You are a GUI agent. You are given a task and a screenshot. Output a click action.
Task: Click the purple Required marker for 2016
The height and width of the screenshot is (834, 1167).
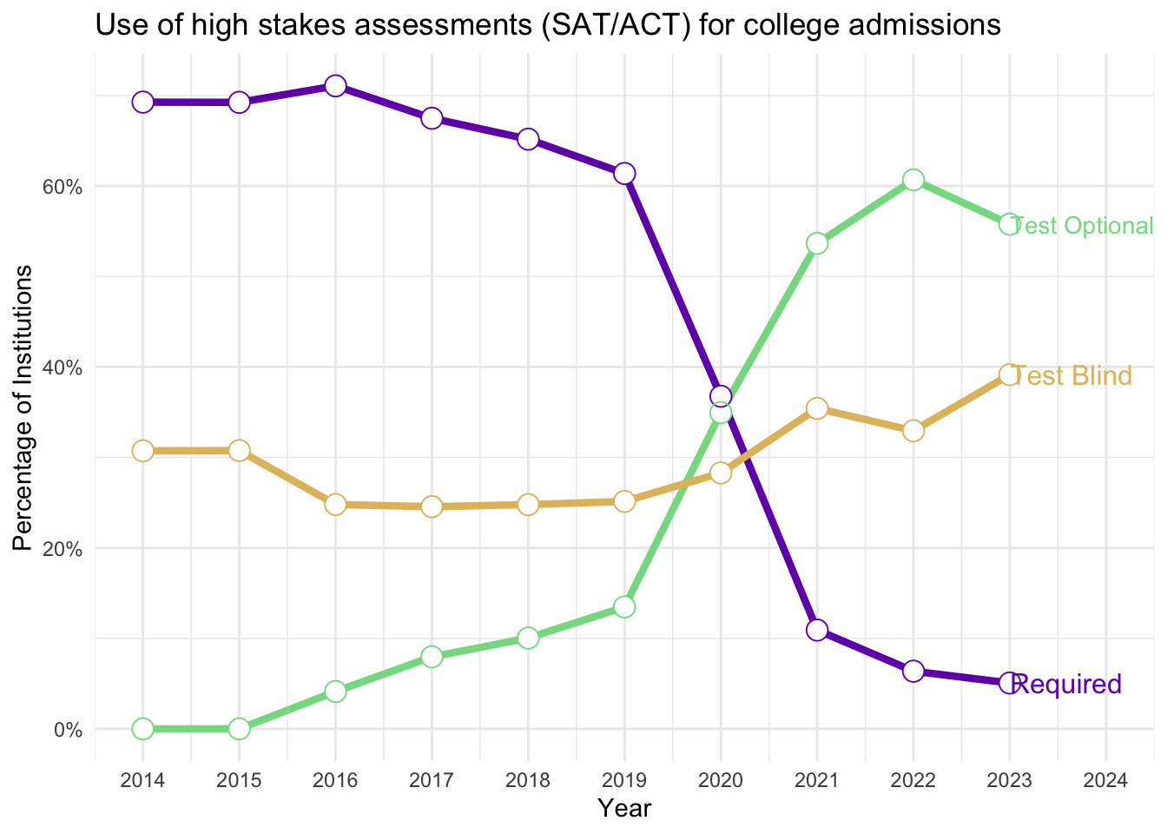(335, 86)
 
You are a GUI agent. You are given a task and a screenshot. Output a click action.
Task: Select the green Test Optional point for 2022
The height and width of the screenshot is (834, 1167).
(913, 180)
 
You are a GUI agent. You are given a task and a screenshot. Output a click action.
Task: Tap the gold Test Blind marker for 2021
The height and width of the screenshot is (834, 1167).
(816, 408)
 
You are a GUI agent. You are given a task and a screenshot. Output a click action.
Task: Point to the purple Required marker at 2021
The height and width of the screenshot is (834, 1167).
(816, 630)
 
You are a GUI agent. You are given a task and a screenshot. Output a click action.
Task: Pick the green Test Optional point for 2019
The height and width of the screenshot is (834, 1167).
(624, 606)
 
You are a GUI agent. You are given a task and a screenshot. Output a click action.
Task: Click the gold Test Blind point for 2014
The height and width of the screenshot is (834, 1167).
(143, 451)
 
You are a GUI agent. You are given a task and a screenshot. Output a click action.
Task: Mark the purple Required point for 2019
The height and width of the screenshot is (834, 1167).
(624, 174)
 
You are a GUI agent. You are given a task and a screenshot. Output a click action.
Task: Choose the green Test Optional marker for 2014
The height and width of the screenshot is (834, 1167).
(143, 728)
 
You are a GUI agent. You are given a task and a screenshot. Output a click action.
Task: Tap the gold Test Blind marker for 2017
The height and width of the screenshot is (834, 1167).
(432, 506)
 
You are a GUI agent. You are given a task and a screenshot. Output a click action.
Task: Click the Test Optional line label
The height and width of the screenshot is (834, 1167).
(1083, 226)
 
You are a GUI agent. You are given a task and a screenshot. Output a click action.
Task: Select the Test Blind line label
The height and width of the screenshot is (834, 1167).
(1072, 376)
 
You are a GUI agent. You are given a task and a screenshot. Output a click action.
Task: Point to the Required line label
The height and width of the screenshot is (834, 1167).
(1067, 685)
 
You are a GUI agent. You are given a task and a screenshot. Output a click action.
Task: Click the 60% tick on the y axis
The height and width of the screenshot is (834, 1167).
(63, 187)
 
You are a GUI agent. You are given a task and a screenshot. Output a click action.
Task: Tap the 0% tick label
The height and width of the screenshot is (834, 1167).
(68, 730)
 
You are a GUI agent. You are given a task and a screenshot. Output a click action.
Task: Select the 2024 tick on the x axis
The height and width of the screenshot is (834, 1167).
(1105, 780)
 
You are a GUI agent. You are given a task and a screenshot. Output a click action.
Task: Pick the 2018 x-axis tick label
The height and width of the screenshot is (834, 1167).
(528, 780)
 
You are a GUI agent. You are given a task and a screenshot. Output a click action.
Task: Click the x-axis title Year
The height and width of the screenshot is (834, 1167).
(624, 809)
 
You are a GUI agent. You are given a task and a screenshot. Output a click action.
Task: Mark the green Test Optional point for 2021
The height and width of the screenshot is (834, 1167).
(816, 243)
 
